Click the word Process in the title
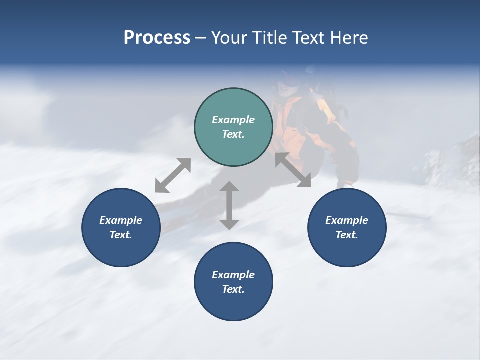click(157, 38)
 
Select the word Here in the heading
click(349, 38)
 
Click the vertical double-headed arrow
click(229, 205)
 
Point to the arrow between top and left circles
click(173, 175)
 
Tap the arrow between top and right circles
click(293, 170)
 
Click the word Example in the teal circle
click(233, 120)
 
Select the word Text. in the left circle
click(121, 235)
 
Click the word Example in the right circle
click(347, 220)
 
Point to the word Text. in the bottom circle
click(233, 289)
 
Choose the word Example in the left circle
click(121, 220)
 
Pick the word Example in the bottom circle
click(233, 275)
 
